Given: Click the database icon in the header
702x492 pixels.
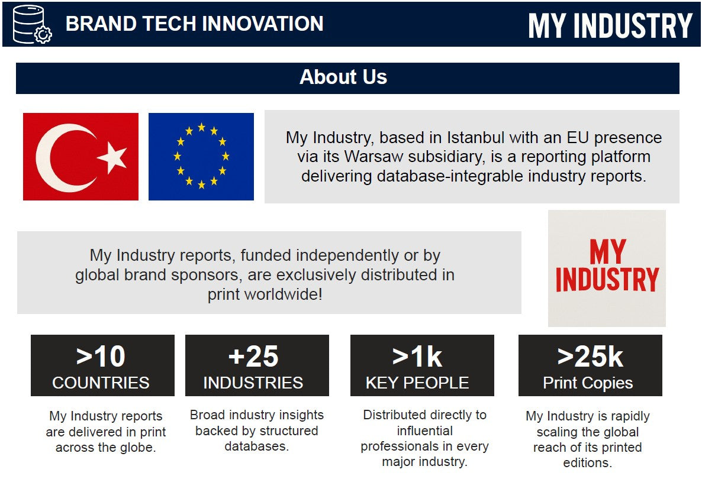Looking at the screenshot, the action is coord(32,24).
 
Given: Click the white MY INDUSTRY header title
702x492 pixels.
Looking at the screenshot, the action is coord(610,25).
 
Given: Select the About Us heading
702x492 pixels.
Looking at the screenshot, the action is coord(343,77).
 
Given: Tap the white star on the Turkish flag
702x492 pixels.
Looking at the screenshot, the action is coord(112,157).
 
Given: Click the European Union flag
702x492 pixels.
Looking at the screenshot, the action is coord(201,157).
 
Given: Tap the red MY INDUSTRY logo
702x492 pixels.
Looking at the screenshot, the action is coord(607,266).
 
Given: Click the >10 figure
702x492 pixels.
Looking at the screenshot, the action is coord(101,357).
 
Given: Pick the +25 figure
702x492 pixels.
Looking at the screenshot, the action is coord(253,357).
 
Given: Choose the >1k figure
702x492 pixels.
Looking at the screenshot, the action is coord(417,357).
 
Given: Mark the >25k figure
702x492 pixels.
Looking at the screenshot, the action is coord(590,357).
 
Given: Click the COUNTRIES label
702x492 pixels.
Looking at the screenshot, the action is coord(101,383).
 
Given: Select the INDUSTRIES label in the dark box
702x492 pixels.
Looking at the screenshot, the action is coord(253,383).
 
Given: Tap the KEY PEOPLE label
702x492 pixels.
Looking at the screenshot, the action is coord(417,383).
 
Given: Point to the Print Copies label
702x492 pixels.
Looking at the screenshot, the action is coord(588,383).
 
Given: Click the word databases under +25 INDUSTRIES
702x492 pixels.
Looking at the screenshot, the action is coord(256,446).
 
